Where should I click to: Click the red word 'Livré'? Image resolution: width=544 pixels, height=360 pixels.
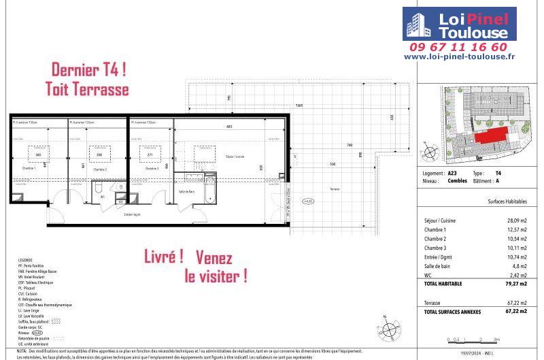(163, 257)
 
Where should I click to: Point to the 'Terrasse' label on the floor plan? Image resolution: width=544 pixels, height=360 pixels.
(335, 189)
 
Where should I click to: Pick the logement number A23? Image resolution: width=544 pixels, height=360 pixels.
(453, 174)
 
